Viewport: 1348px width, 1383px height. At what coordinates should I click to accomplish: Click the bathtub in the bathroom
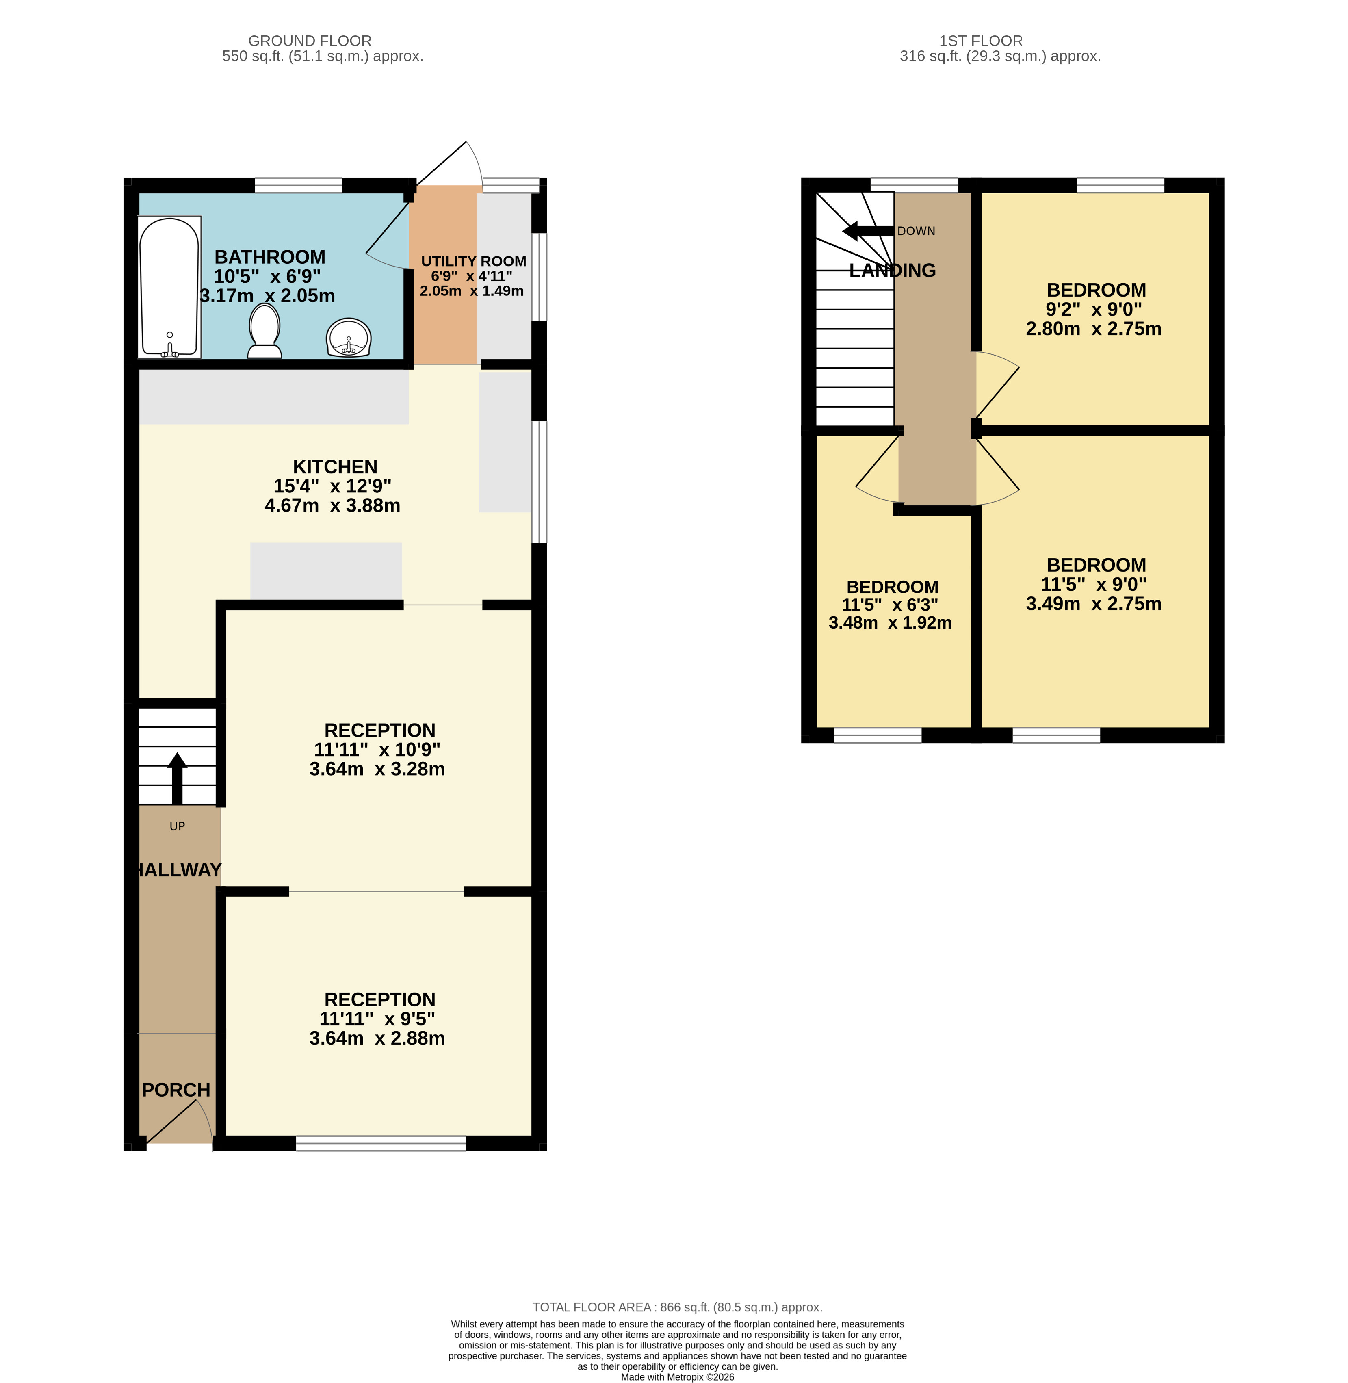[x=169, y=287]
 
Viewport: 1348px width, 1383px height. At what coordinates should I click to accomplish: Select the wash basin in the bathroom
[x=348, y=338]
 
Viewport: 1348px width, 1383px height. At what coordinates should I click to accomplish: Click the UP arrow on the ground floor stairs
[x=177, y=778]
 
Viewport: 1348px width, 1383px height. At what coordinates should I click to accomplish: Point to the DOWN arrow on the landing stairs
[x=868, y=231]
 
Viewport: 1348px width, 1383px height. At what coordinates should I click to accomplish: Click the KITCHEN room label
[x=335, y=467]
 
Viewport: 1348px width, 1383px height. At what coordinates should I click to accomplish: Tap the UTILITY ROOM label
[x=473, y=261]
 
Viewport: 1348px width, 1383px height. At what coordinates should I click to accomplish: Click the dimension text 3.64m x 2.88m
[x=377, y=1038]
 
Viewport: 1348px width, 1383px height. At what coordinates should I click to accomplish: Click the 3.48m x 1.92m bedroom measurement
[x=890, y=622]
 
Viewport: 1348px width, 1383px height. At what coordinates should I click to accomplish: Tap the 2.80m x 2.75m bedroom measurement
[x=1094, y=329]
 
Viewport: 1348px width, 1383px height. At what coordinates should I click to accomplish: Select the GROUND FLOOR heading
[x=310, y=41]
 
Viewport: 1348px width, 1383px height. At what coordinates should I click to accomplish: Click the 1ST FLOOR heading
[x=981, y=41]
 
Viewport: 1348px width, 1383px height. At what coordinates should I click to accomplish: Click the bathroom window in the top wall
[x=298, y=186]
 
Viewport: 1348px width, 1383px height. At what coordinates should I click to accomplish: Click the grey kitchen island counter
[x=326, y=571]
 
